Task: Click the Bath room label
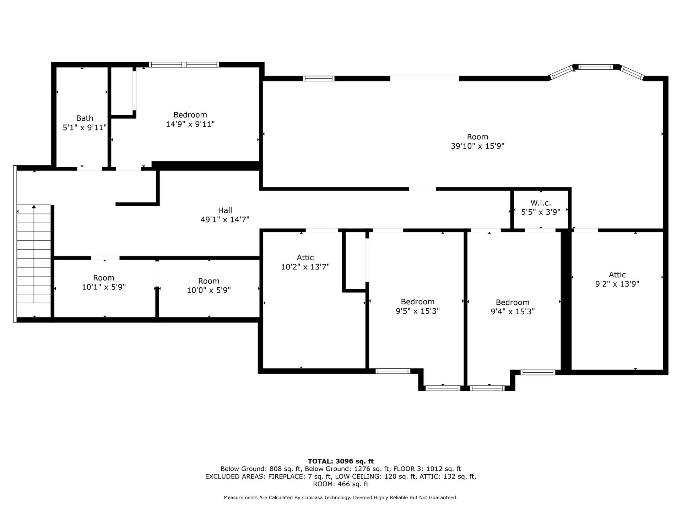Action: tap(85, 118)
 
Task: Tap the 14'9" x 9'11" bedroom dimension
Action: tap(190, 124)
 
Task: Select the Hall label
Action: tap(225, 210)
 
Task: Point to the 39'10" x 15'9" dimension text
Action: tap(477, 146)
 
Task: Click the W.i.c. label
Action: tap(541, 203)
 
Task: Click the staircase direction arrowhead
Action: tap(34, 207)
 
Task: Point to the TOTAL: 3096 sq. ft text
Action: tap(341, 461)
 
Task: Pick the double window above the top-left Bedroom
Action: tap(184, 65)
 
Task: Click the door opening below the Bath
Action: tap(90, 169)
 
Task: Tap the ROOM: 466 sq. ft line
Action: tap(341, 484)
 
